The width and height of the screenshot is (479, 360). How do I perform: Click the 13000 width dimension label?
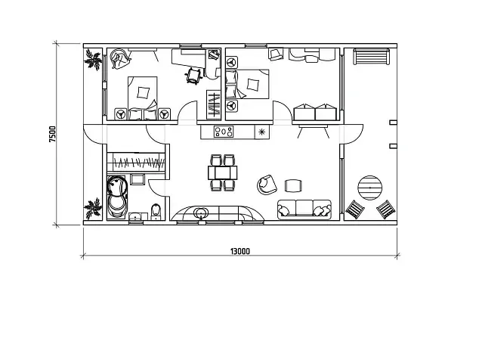(239, 251)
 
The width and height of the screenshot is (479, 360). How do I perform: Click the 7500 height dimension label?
(53, 134)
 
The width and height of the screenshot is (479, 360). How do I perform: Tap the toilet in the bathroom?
(156, 212)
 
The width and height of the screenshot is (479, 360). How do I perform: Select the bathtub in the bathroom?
(117, 197)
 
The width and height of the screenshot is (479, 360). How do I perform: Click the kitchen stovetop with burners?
(224, 132)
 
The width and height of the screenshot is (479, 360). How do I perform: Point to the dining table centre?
(223, 172)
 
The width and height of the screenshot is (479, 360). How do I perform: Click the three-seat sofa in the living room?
(304, 209)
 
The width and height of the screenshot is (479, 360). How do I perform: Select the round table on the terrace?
(370, 188)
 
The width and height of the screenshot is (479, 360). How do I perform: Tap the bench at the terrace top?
(371, 56)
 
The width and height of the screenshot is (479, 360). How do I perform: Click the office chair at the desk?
(193, 75)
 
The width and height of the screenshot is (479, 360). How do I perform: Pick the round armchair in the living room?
(267, 185)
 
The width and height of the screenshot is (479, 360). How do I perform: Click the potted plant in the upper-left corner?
(93, 60)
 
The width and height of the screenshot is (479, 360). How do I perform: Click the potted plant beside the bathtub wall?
(93, 209)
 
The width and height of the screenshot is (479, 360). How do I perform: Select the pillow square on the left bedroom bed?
(144, 92)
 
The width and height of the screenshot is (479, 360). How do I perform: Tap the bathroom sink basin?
(134, 216)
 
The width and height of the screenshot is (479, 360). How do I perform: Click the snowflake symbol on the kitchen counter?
(262, 132)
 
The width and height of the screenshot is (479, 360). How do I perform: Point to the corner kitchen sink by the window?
(201, 213)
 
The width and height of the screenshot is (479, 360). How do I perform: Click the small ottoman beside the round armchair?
(294, 185)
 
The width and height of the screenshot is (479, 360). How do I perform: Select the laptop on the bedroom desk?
(214, 54)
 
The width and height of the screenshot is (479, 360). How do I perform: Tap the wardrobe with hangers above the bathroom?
(136, 162)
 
